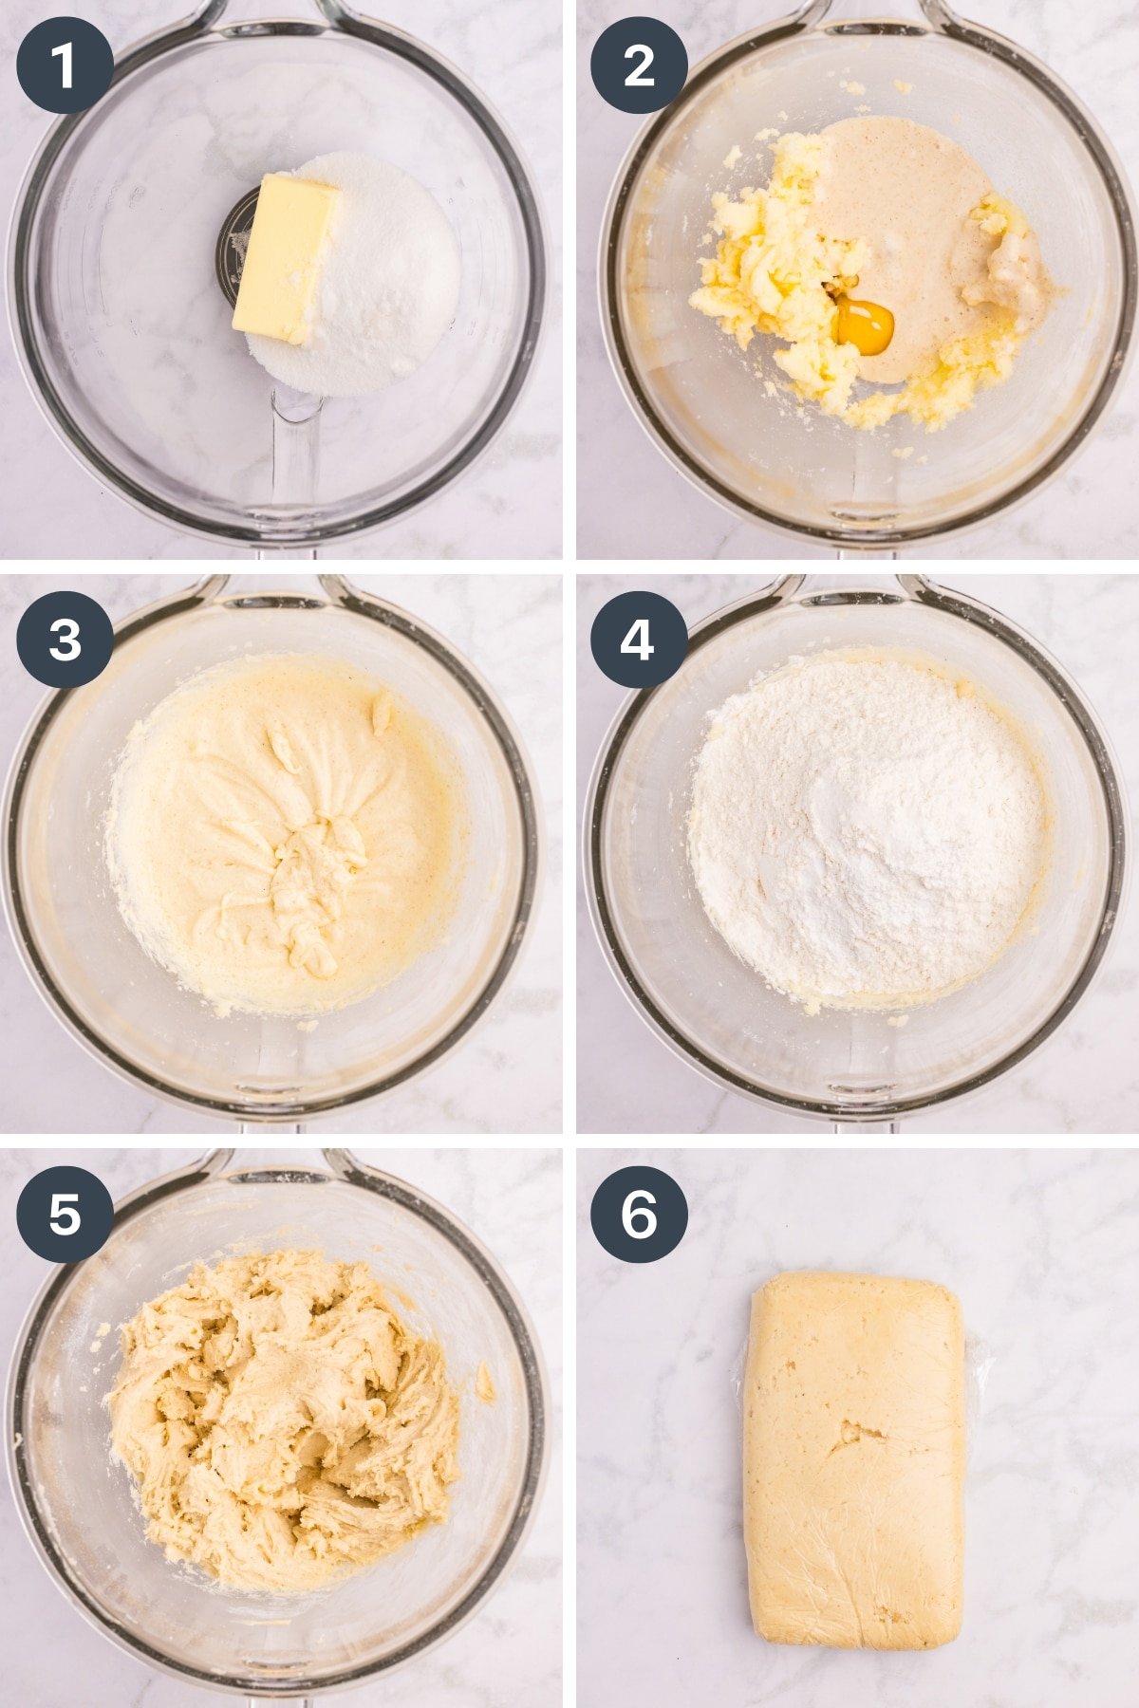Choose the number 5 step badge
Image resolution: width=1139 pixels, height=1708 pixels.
[65, 1214]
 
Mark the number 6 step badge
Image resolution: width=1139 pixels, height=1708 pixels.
[639, 1214]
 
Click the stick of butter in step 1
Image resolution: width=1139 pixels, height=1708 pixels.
[286, 256]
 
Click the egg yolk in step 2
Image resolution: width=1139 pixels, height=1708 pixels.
[865, 326]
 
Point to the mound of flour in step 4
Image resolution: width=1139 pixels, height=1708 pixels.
[864, 826]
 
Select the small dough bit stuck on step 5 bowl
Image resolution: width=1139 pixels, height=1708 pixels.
[484, 1382]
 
